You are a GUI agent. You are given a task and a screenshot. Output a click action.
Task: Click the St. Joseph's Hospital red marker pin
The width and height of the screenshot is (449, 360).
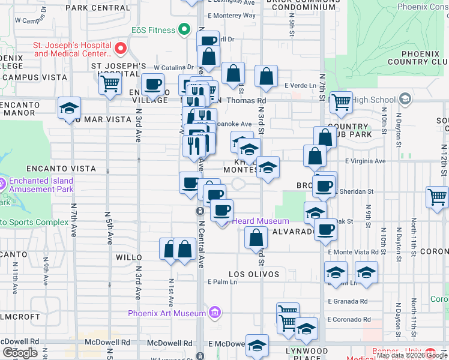(120, 48)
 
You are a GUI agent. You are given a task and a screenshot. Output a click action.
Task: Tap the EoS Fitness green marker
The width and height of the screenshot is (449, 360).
(185, 30)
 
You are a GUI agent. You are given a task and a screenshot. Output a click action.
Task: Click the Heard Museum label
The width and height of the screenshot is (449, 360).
(261, 221)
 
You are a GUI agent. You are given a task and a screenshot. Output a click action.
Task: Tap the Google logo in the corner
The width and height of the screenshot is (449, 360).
(20, 353)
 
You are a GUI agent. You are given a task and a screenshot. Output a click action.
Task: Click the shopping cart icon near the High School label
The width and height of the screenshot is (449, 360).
(341, 103)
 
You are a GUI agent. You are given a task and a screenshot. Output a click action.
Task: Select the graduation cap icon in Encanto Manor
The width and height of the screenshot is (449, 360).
(70, 109)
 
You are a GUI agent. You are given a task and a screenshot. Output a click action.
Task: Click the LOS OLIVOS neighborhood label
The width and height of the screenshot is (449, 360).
(253, 274)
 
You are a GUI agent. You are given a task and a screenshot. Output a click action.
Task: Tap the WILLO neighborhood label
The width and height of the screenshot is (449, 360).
(128, 257)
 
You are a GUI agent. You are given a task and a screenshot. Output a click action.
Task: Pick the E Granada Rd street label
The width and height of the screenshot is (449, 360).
(348, 301)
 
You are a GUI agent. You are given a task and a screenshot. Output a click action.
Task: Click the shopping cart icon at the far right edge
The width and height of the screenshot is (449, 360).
(437, 196)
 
